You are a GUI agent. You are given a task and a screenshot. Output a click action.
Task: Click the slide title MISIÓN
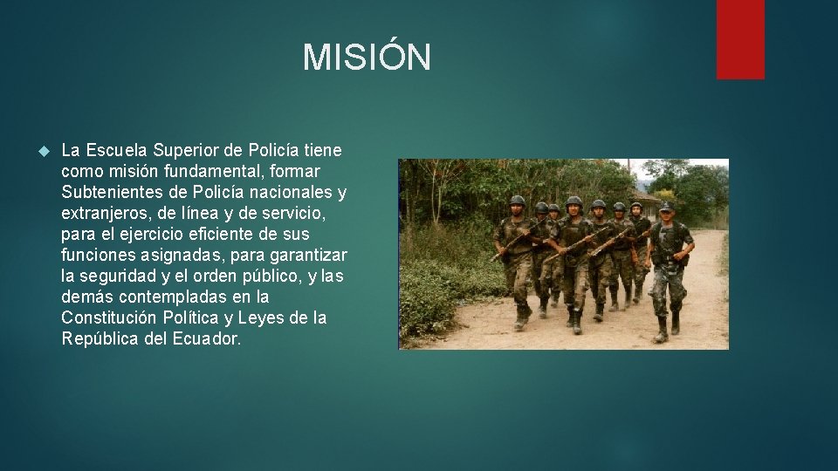367,58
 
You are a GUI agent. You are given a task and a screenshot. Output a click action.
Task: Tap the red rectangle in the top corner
740,38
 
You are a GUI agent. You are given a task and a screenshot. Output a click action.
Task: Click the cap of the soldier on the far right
666,207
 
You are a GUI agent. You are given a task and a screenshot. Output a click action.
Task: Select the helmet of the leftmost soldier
517,201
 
